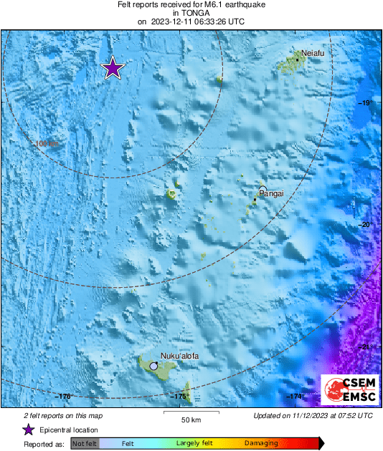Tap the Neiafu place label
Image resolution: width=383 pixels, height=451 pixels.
click(313, 53)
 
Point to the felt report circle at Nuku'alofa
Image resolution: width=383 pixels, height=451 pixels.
click(153, 366)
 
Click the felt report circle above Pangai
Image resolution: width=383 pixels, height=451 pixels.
click(263, 188)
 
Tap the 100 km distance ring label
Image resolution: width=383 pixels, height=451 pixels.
click(47, 144)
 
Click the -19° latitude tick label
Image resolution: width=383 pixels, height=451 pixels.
click(364, 103)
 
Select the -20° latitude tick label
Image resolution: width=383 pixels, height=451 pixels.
click(364, 225)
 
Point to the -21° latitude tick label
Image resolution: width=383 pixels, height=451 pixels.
click(364, 347)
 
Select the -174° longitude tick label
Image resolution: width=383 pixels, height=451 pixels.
click(295, 396)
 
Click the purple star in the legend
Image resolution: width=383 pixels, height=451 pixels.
click(28, 430)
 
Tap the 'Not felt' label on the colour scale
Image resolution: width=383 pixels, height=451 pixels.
click(84, 444)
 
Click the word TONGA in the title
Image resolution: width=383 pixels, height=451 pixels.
click(191, 13)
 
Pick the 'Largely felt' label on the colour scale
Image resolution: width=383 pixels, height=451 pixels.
click(193, 444)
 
